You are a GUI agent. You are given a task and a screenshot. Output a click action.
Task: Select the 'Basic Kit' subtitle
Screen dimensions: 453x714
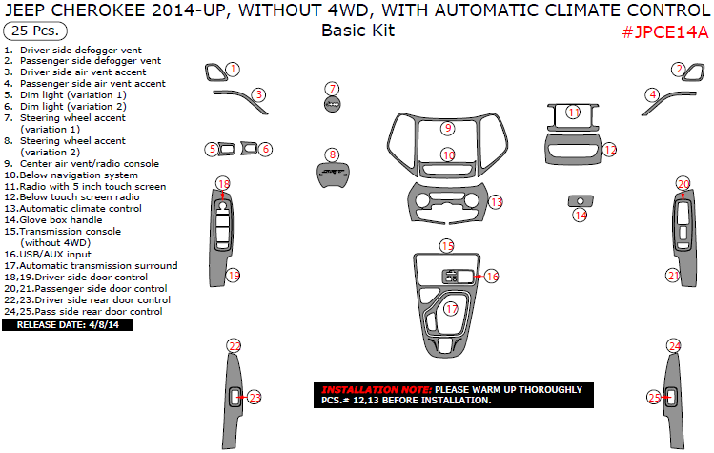coord(357,31)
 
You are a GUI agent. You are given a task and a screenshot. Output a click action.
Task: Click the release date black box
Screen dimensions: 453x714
coord(68,325)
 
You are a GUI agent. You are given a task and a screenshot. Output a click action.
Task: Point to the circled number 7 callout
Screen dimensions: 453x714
coord(332,89)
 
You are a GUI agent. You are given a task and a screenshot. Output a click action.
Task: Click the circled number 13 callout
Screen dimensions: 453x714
coord(496,202)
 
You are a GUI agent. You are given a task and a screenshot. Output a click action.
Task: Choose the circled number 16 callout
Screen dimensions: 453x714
coord(492,277)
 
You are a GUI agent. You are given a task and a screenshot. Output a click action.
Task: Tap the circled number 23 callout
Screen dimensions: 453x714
coord(255,397)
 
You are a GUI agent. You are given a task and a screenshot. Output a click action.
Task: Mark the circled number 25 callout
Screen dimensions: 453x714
coord(654,398)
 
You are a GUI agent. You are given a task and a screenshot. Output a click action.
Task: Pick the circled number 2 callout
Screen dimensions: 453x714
coord(678,69)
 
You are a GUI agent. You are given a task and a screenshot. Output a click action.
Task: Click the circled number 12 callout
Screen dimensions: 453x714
coord(610,149)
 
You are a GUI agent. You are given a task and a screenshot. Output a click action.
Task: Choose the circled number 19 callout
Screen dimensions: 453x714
coord(234,276)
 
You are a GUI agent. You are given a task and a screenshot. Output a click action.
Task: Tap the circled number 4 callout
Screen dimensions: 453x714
coord(653,94)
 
